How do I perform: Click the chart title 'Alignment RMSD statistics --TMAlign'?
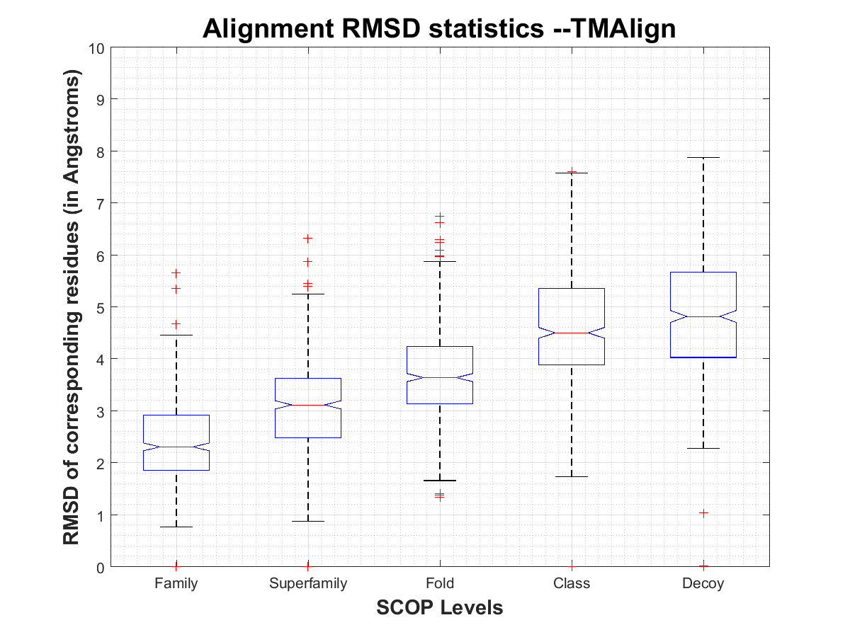click(x=439, y=29)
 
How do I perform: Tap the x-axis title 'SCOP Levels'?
click(x=439, y=607)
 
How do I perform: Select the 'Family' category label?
click(x=176, y=584)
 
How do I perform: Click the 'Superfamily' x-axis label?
click(x=308, y=584)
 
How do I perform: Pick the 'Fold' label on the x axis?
click(x=440, y=584)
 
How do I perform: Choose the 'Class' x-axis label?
click(x=572, y=584)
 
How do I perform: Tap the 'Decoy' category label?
click(x=703, y=584)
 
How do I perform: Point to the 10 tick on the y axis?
click(x=97, y=48)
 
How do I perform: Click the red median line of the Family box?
click(x=176, y=447)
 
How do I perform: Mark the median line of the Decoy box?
click(x=703, y=316)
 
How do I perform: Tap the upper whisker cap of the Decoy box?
click(x=703, y=157)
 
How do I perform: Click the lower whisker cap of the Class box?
click(x=572, y=476)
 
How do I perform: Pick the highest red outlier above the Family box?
click(x=176, y=272)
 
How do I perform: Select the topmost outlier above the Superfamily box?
click(x=308, y=239)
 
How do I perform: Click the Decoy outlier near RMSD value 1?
click(x=703, y=512)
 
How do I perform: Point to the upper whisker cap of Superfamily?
click(x=308, y=294)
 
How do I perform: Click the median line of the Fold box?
click(x=440, y=377)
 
